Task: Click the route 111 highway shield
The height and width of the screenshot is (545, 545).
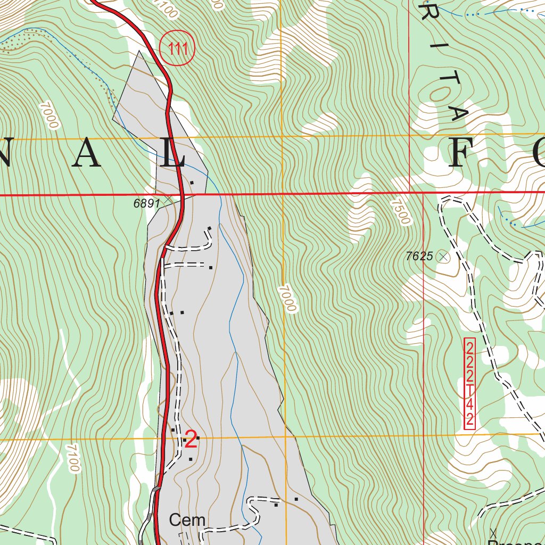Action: click(x=178, y=49)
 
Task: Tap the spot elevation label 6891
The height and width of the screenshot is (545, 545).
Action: click(x=146, y=203)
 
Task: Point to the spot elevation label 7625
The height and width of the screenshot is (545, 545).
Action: click(x=419, y=256)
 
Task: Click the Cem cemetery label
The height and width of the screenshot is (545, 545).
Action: click(x=187, y=519)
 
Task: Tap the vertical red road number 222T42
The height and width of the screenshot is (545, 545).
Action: click(x=469, y=383)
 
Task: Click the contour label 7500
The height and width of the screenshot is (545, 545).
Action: click(x=401, y=212)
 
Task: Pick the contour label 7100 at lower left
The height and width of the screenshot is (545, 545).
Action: click(x=71, y=458)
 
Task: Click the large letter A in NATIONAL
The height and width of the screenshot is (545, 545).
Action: click(x=87, y=155)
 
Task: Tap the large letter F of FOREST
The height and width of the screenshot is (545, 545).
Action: click(x=464, y=155)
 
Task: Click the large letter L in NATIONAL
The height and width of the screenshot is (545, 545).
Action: click(x=174, y=155)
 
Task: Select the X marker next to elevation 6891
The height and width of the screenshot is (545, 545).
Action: click(x=168, y=199)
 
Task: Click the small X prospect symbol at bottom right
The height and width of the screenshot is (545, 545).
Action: click(x=493, y=532)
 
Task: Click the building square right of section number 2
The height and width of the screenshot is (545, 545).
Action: click(x=197, y=437)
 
